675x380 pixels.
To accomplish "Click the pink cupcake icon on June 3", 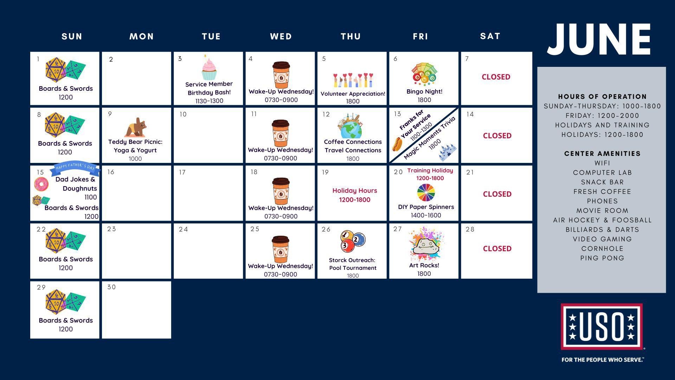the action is (x=209, y=68).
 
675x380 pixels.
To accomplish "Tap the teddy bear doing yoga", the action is (x=135, y=127).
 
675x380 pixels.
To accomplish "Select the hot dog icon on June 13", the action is (x=397, y=144).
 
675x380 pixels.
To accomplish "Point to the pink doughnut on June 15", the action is (x=41, y=184).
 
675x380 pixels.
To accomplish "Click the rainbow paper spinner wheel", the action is (x=426, y=192).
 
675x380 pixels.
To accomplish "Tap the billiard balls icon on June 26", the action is (x=353, y=241).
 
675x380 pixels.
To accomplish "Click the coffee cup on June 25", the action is (x=281, y=249).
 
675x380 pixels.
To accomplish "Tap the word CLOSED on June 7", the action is (x=496, y=77).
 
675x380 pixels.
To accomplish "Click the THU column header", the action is (x=351, y=36).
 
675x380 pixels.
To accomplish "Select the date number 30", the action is (x=111, y=287).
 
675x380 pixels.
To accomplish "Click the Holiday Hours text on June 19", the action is (x=355, y=191).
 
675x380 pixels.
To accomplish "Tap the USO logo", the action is (x=602, y=327).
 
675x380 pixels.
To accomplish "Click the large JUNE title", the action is (x=599, y=39).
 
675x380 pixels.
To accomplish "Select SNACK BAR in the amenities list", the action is (x=602, y=182).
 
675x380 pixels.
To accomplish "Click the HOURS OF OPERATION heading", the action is (x=602, y=96).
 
